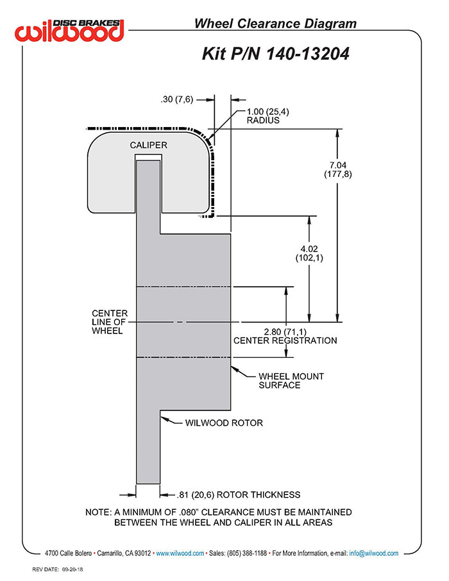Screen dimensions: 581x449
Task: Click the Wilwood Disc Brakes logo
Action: click(71, 29)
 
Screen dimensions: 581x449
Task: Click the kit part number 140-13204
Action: click(276, 54)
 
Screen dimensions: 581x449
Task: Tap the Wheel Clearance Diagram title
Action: click(275, 24)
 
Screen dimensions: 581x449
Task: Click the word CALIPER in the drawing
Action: click(148, 145)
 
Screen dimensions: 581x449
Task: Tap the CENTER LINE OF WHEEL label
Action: click(110, 322)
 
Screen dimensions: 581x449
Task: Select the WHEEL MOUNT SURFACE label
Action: click(291, 380)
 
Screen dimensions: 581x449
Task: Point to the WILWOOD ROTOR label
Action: click(224, 423)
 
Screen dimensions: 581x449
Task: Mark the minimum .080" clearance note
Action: click(219, 517)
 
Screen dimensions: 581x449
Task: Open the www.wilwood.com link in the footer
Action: click(180, 553)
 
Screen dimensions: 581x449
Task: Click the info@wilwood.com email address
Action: click(374, 553)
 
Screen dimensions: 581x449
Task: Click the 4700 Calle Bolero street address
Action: click(68, 553)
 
